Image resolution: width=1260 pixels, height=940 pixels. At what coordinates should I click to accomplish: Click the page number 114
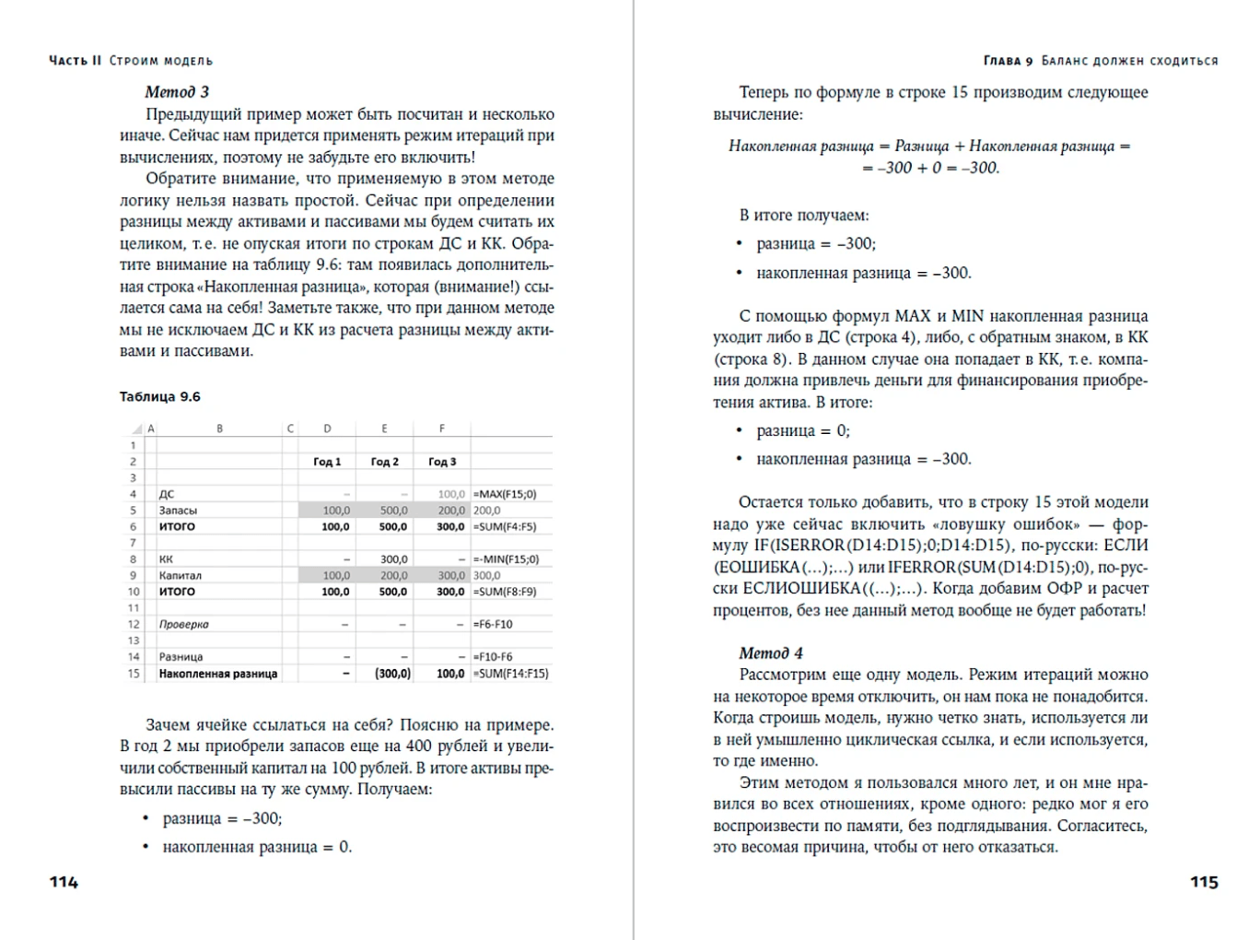point(64,882)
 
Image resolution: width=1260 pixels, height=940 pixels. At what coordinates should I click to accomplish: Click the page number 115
point(1204,882)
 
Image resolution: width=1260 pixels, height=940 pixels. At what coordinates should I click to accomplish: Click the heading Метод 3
point(177,92)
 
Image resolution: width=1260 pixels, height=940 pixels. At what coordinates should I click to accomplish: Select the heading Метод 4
point(771,653)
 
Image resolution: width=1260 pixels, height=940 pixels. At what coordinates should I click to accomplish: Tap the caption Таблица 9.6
point(159,397)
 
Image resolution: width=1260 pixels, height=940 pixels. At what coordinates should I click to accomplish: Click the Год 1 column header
point(327,462)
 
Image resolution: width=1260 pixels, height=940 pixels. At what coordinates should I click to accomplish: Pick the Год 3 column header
point(442,462)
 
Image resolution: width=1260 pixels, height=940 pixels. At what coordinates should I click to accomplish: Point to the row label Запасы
point(178,511)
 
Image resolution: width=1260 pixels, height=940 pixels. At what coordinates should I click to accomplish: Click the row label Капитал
point(181,575)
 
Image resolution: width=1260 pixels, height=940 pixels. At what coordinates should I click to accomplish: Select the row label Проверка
point(183,624)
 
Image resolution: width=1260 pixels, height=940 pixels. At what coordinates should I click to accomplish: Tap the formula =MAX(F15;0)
point(505,494)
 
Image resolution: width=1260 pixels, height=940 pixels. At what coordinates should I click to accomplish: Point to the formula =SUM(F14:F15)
point(511,674)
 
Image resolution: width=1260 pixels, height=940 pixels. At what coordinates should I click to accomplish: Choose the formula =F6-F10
point(493,624)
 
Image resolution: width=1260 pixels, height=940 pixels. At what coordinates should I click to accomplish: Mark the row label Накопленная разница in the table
point(217,674)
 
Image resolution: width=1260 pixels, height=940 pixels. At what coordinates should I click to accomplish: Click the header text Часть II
point(75,61)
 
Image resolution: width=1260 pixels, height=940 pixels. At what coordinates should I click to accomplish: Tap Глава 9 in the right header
point(1008,61)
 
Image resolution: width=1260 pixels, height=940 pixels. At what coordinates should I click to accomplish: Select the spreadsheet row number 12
point(134,624)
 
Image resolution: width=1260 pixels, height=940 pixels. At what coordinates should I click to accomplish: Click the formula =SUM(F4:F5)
point(505,527)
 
